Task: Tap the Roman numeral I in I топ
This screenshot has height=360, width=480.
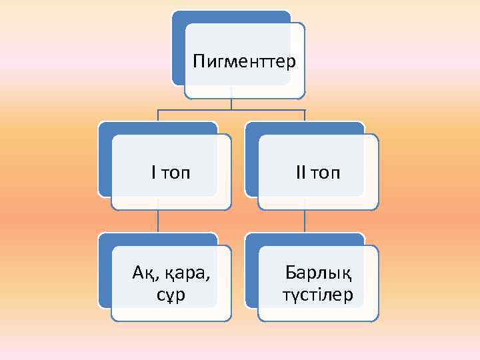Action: pyautogui.click(x=154, y=173)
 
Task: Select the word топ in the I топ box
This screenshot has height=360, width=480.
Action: pyautogui.click(x=175, y=174)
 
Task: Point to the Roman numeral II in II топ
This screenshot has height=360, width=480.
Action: pyautogui.click(x=301, y=173)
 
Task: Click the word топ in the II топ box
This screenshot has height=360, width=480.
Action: pyautogui.click(x=325, y=174)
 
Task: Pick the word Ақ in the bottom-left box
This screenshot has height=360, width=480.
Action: pyautogui.click(x=143, y=272)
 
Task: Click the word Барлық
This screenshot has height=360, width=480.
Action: pyautogui.click(x=318, y=272)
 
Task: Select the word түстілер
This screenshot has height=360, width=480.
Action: pyautogui.click(x=318, y=294)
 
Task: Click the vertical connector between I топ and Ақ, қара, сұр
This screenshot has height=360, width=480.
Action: pyautogui.click(x=158, y=221)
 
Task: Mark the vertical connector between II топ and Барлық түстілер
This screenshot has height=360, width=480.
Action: pyautogui.click(x=305, y=221)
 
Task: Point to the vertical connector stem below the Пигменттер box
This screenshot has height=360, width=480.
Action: pyautogui.click(x=231, y=103)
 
